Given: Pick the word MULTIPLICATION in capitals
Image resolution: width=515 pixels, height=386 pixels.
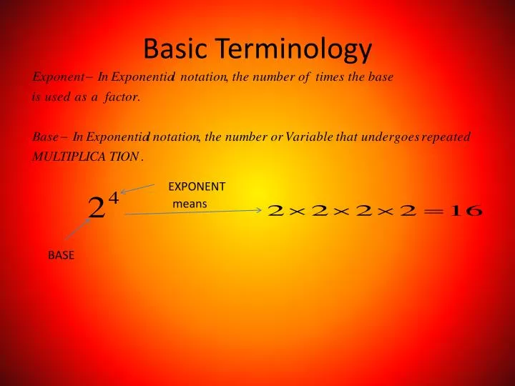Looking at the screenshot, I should coord(85,157).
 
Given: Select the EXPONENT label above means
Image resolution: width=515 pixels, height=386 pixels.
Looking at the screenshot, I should coord(197,187).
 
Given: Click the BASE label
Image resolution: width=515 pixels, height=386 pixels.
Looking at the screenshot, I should coord(61,255).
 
